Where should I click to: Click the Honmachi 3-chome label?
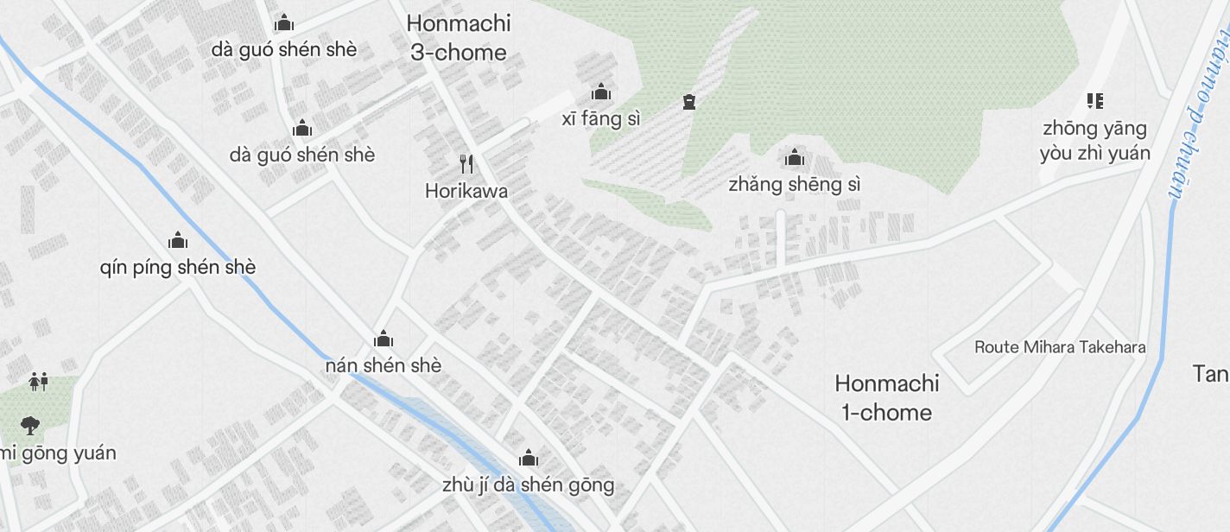pos(458,38)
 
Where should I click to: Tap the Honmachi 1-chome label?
pos(886,397)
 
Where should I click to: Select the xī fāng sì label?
pos(602,119)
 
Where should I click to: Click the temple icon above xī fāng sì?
pos(600,92)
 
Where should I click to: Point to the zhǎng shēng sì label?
pos(794,185)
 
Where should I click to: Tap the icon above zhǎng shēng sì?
pos(794,158)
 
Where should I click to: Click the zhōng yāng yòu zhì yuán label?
pos(1095,141)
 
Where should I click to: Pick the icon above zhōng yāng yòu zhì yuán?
pos(1095,101)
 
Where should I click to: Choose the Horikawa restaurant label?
pos(466,191)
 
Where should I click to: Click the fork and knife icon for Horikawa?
pos(466,163)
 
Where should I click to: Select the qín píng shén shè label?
pos(178,268)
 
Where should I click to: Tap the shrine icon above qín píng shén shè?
pos(178,239)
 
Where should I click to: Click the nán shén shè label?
pos(384,365)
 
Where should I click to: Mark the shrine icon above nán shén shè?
pos(384,338)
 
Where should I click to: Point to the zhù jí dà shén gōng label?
pos(528,485)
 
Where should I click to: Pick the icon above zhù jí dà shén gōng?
pos(528,458)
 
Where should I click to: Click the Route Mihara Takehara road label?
pos(1060,347)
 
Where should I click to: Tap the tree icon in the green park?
pos(31,425)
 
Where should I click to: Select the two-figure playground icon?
pos(38,380)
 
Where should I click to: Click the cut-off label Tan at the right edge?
pos(1211,374)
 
